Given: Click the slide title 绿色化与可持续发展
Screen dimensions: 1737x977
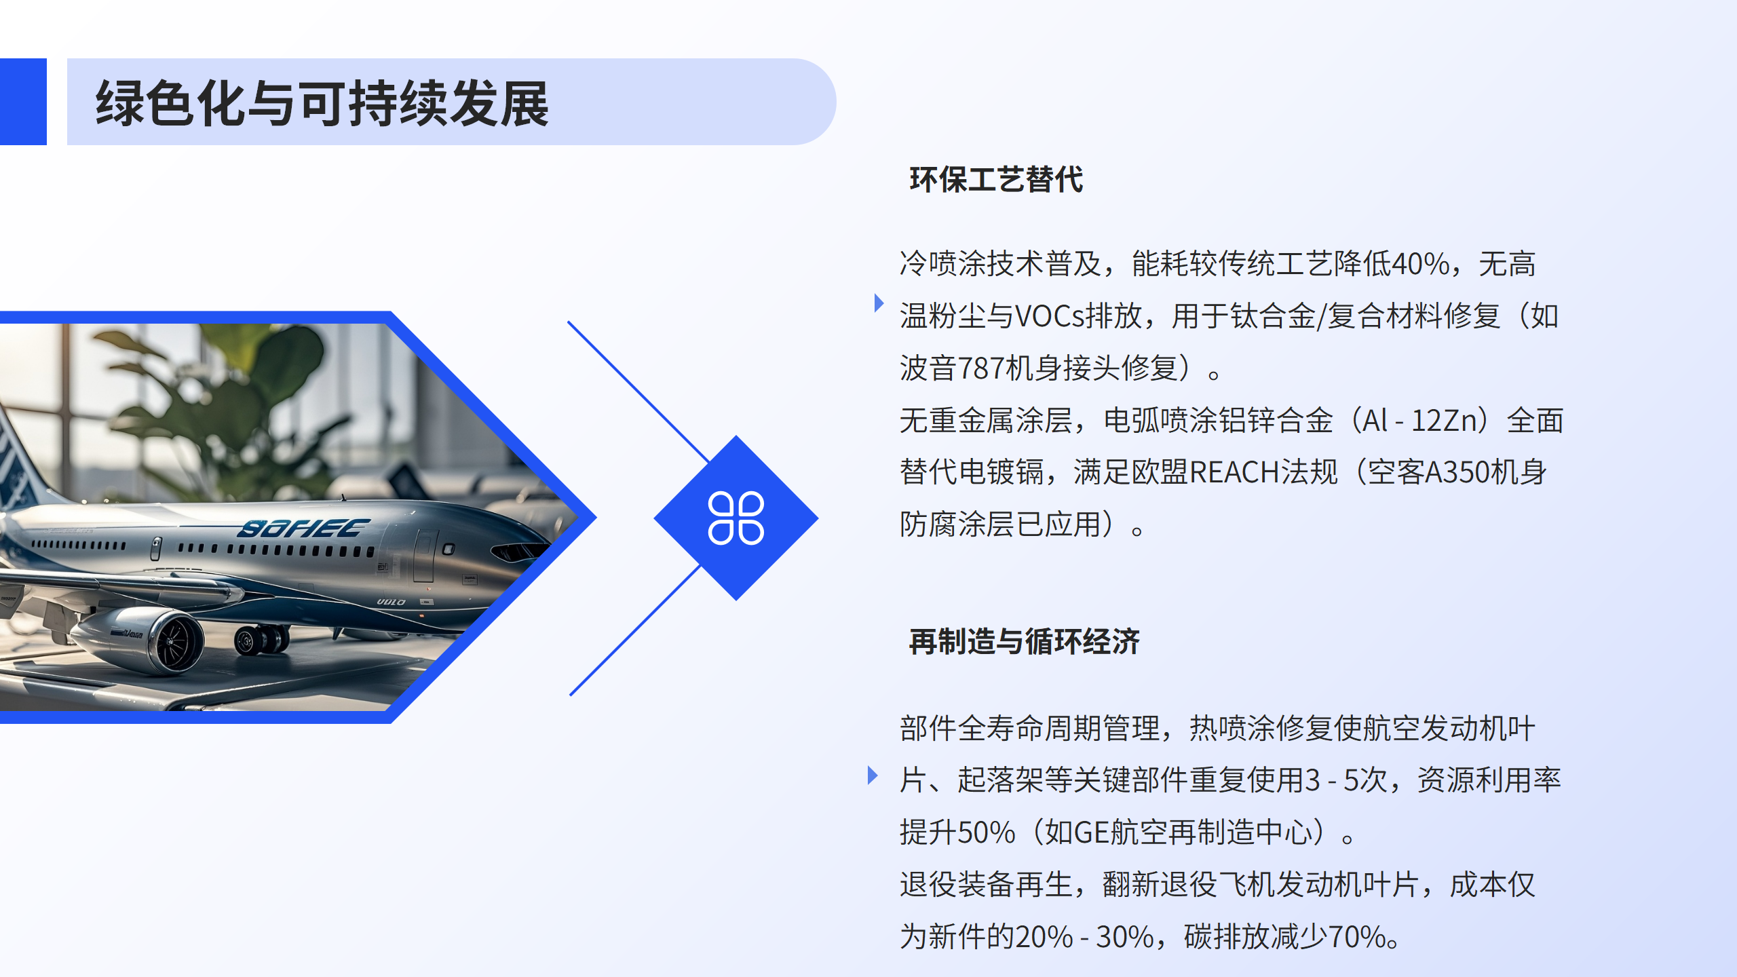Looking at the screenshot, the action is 322,103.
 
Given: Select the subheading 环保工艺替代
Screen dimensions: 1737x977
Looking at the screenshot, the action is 996,180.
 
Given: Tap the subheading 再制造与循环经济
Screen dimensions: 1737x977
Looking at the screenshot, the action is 1025,641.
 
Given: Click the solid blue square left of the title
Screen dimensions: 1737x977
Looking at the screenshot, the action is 23,102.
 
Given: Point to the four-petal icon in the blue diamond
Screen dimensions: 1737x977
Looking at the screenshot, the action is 736,518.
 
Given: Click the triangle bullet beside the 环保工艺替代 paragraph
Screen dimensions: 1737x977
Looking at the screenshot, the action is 879,303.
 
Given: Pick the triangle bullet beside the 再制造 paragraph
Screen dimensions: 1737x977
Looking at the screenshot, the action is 873,775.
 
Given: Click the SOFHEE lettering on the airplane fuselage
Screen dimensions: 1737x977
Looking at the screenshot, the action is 303,528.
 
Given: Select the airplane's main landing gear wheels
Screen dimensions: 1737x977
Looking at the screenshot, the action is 261,639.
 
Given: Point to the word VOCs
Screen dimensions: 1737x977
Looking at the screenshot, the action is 1050,316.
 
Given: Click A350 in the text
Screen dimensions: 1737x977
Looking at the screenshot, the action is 1453,472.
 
